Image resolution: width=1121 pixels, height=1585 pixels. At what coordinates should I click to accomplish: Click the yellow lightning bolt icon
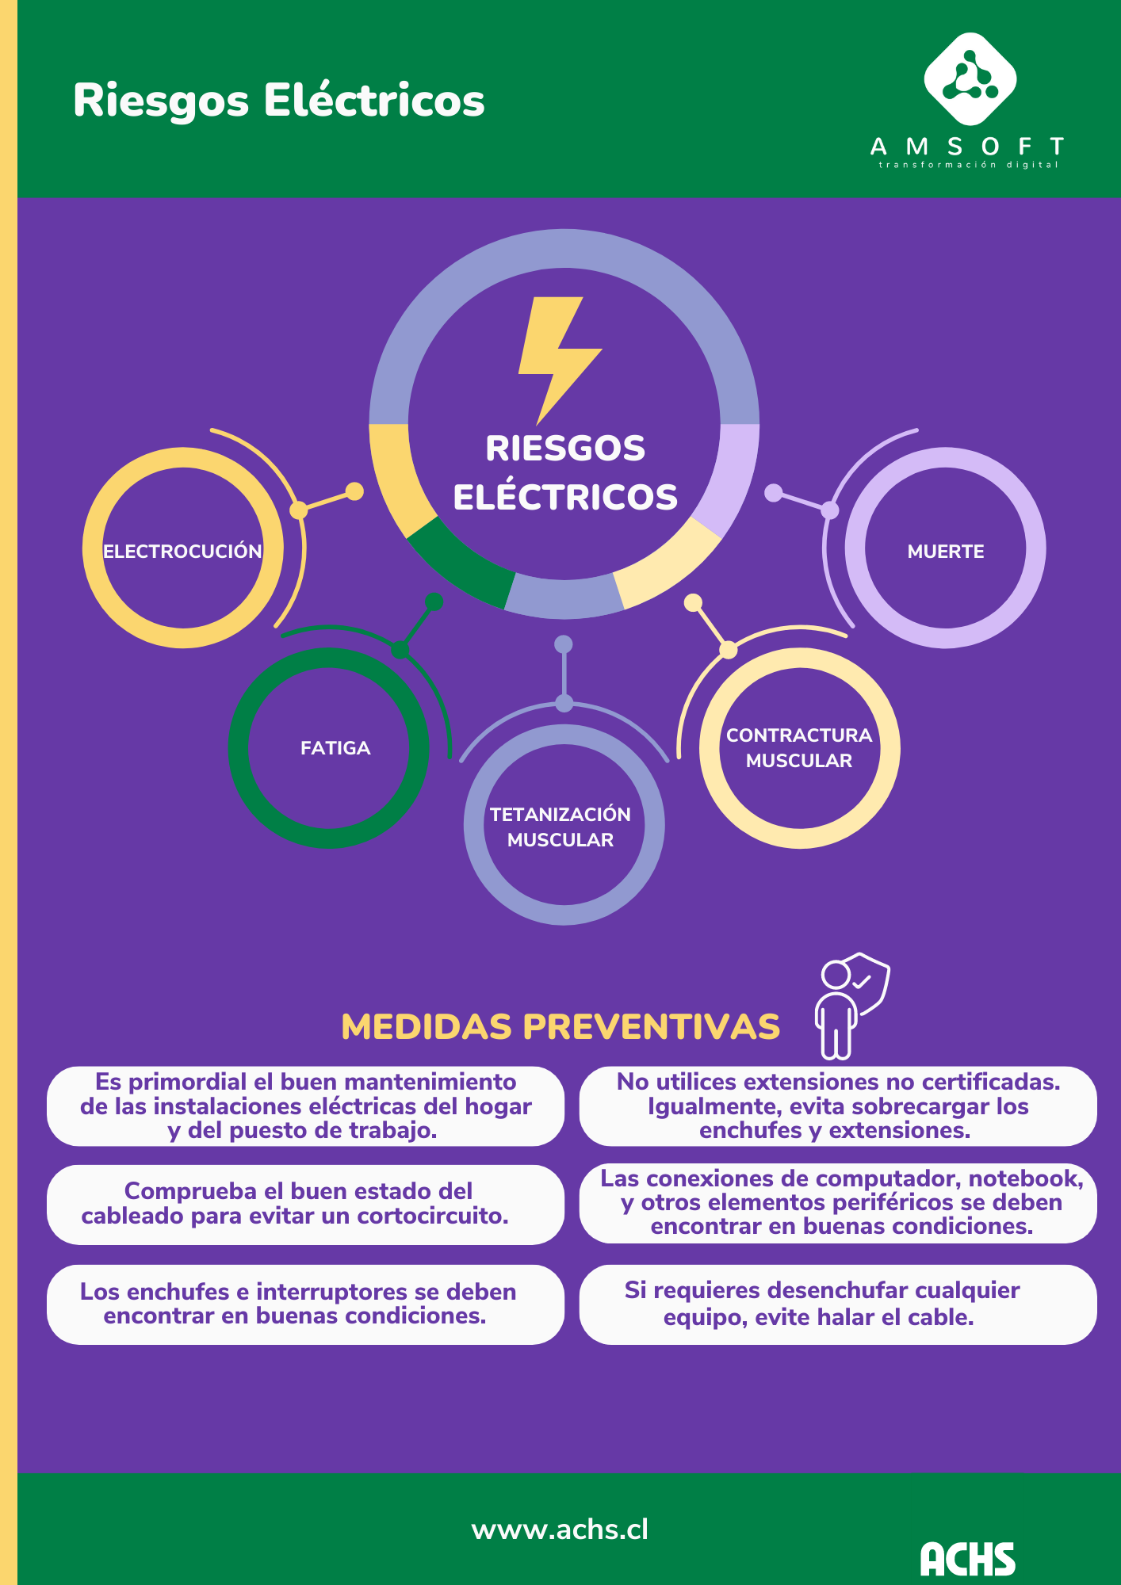[558, 357]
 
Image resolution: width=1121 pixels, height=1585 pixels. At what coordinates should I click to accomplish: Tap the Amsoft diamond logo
[970, 79]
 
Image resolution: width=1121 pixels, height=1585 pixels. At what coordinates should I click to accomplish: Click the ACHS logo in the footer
[967, 1558]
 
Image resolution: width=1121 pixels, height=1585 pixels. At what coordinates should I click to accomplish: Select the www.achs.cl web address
[560, 1530]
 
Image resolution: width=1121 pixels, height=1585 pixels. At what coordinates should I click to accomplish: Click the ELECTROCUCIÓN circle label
[182, 552]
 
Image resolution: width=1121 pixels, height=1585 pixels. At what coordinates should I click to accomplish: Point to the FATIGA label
[335, 748]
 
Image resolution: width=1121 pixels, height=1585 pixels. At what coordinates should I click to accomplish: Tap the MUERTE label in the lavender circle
[946, 552]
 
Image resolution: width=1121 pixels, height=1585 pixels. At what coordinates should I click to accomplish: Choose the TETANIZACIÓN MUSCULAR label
[560, 827]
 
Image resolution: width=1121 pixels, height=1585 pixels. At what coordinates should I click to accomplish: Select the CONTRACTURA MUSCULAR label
[799, 747]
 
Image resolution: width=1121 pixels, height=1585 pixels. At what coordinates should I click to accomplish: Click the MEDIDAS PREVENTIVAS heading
[560, 1026]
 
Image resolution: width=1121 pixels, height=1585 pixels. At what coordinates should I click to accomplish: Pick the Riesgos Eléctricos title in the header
[278, 101]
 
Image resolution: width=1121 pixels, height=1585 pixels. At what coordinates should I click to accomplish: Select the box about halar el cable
[838, 1304]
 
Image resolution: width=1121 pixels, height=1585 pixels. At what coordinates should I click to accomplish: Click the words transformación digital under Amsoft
[968, 165]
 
